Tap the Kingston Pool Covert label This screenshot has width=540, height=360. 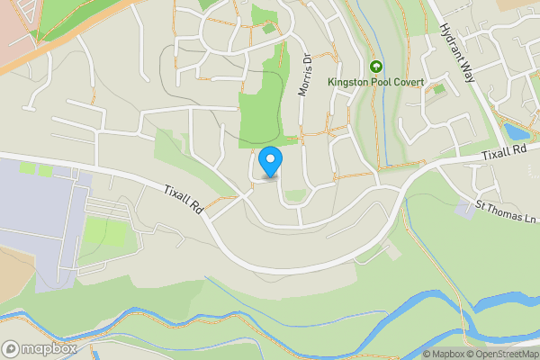(368, 82)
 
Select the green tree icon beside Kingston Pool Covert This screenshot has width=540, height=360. (376, 66)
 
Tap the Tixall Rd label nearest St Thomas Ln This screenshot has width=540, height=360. (504, 152)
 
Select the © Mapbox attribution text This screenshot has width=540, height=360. (444, 354)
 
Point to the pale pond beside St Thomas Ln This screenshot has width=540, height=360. (465, 210)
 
